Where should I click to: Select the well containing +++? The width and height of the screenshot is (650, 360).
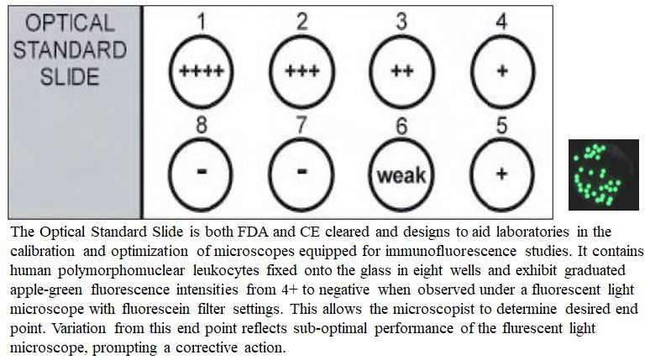tap(302, 70)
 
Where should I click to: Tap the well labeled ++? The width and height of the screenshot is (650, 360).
tap(401, 70)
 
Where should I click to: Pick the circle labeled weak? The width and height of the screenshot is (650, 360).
tap(401, 175)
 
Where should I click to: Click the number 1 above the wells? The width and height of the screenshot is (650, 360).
tap(202, 22)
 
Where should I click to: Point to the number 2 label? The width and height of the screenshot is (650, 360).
tap(302, 22)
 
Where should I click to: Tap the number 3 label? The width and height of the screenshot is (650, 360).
tap(401, 22)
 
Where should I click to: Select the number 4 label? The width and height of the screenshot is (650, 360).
tap(501, 22)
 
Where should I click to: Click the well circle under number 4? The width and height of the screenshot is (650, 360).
tap(501, 70)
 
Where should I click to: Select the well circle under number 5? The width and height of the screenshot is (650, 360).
tap(501, 175)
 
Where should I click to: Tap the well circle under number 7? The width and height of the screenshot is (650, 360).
tap(302, 175)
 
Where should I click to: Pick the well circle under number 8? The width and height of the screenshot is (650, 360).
tap(202, 175)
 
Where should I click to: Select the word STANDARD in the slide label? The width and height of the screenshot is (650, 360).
tap(70, 49)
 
